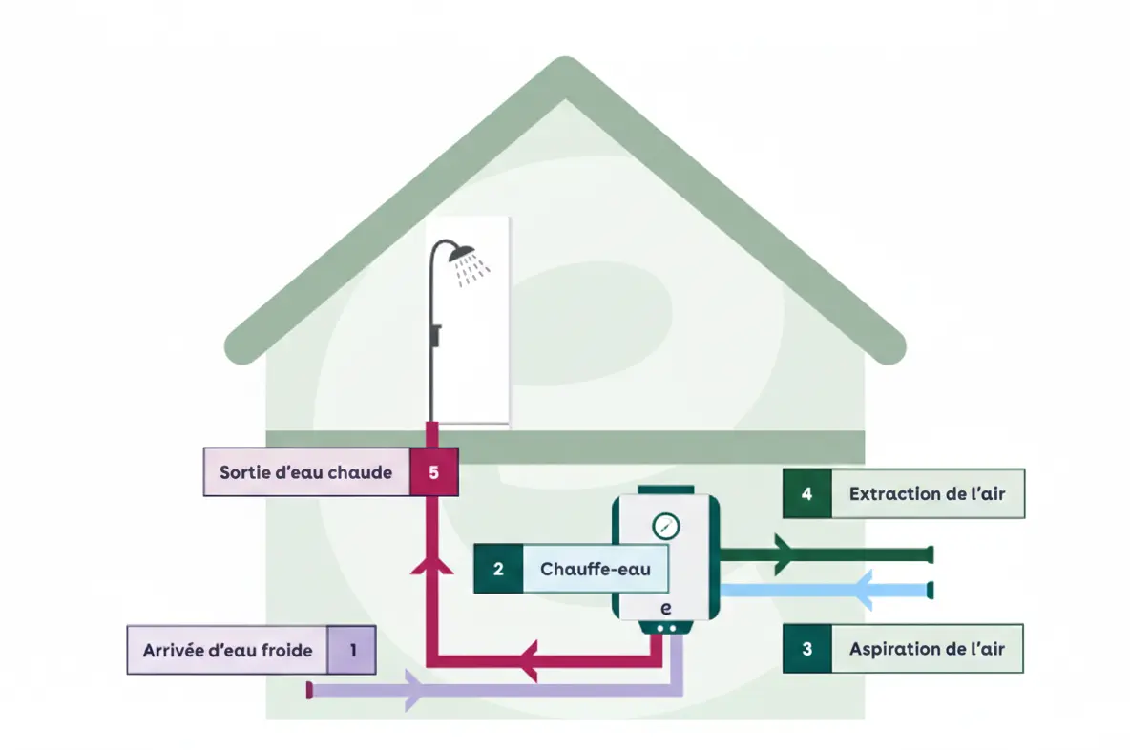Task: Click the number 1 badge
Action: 352,651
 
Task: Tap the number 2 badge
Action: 498,569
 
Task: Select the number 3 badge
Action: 807,649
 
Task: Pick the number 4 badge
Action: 807,493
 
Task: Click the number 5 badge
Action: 434,471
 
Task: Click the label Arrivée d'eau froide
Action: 228,651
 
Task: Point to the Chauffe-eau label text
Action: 596,569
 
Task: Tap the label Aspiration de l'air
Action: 927,649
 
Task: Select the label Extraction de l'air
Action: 927,493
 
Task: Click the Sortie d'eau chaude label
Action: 305,471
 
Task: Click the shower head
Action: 462,252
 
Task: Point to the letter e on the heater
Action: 665,608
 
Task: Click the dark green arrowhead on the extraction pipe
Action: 784,554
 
